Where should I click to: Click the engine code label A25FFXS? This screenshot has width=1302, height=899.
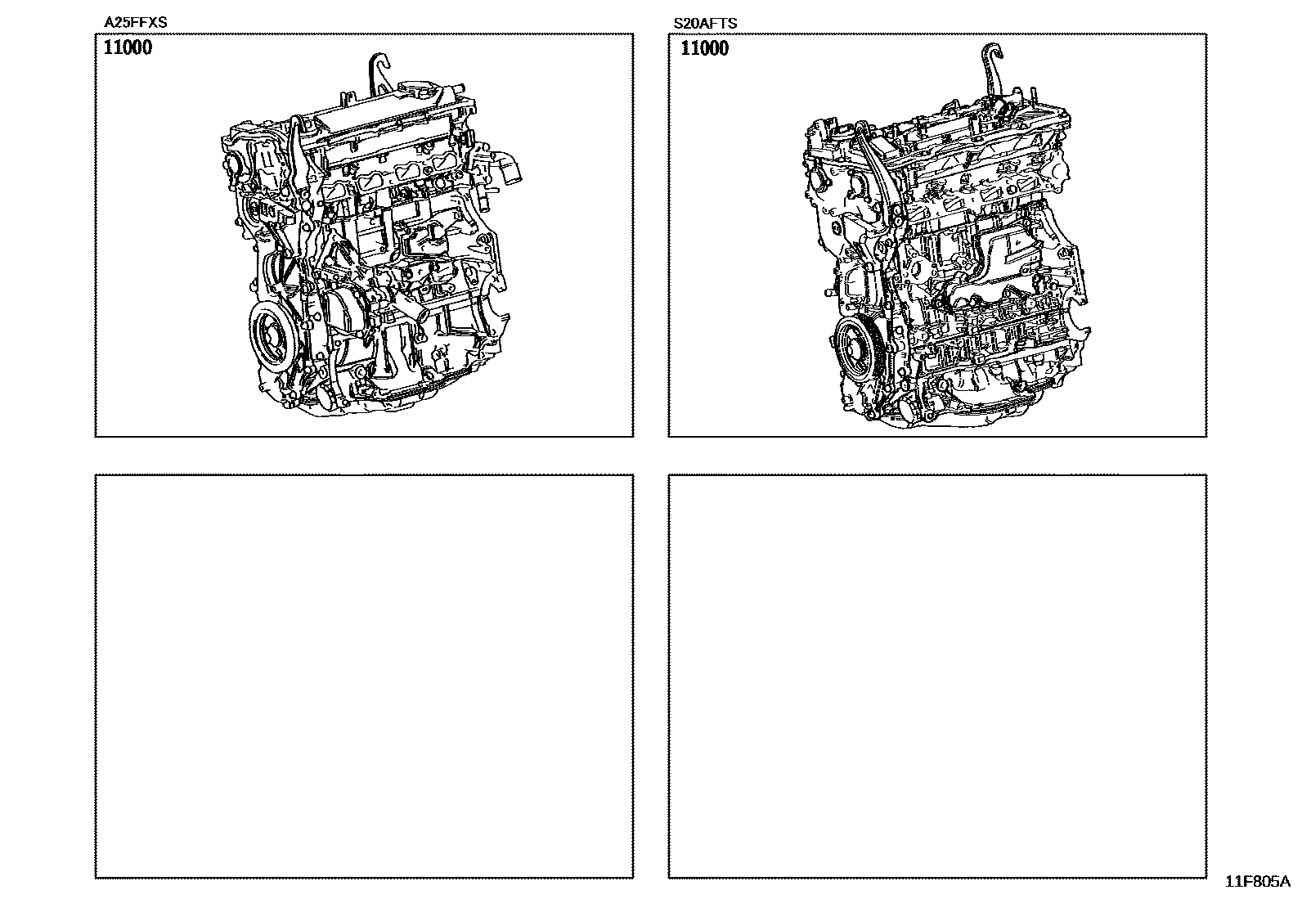tap(136, 23)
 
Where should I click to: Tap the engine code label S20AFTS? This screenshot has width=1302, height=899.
tap(705, 23)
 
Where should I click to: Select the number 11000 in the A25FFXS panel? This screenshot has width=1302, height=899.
tap(128, 47)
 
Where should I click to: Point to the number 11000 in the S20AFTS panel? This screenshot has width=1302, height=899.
tap(704, 48)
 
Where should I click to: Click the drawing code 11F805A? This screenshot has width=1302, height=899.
tap(1258, 882)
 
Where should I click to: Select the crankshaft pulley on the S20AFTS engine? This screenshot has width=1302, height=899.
tap(857, 349)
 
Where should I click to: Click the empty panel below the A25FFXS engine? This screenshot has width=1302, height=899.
tap(365, 676)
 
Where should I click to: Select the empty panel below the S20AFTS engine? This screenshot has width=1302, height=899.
tap(937, 676)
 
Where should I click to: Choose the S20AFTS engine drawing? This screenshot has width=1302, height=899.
tap(947, 236)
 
